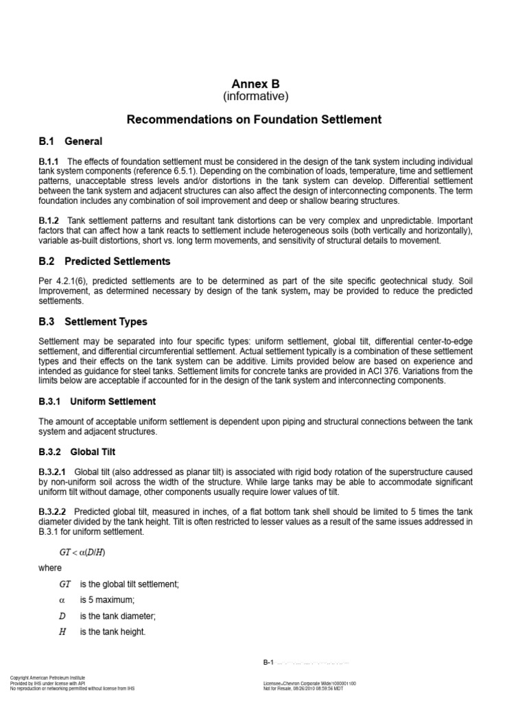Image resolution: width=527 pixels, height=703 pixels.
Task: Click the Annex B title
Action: pyautogui.click(x=255, y=84)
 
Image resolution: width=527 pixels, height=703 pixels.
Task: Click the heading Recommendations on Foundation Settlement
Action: pyautogui.click(x=254, y=119)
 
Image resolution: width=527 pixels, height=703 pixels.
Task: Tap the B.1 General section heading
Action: pyautogui.click(x=71, y=141)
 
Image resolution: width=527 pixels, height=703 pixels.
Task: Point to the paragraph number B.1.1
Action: pyautogui.click(x=50, y=161)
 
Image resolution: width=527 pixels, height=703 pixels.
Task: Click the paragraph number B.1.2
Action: pyautogui.click(x=50, y=220)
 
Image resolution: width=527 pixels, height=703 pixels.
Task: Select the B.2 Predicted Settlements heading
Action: pyautogui.click(x=104, y=262)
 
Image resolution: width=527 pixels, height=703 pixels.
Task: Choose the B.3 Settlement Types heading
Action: pyautogui.click(x=93, y=321)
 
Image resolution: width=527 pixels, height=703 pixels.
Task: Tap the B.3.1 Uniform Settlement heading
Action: pyautogui.click(x=97, y=402)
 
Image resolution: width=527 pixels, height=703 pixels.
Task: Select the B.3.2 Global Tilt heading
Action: pyautogui.click(x=77, y=452)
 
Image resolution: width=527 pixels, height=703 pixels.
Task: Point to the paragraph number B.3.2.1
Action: pyautogui.click(x=54, y=472)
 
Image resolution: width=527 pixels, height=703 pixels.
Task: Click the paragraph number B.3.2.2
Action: pyautogui.click(x=54, y=511)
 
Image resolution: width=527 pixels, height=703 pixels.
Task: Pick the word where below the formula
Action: pyautogui.click(x=50, y=568)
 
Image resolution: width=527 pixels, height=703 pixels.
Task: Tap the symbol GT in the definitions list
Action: pyautogui.click(x=65, y=584)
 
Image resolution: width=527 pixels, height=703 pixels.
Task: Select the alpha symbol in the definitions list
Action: pyautogui.click(x=62, y=600)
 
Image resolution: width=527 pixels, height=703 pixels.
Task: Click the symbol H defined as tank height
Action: pyautogui.click(x=62, y=632)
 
